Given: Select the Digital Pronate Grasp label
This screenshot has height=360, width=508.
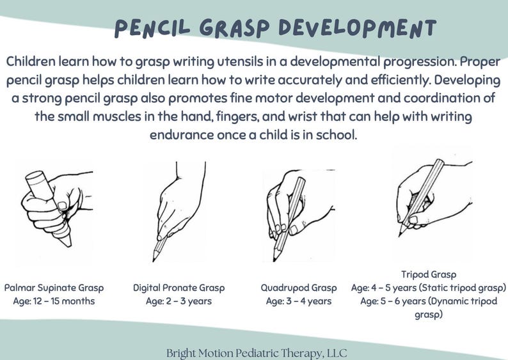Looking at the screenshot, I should pos(179,288).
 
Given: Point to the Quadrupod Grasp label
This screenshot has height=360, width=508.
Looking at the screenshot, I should pos(299,288).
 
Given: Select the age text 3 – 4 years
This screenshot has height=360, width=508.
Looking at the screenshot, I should pos(310,301).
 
